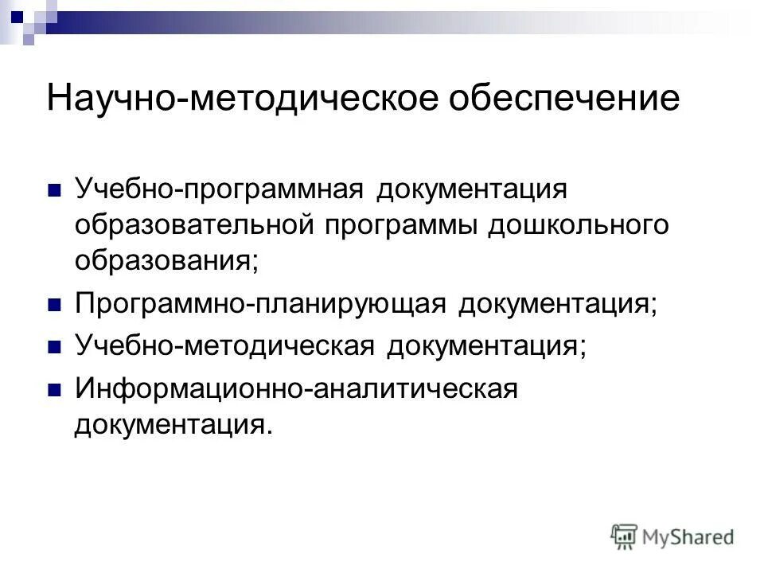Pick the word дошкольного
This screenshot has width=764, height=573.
578,225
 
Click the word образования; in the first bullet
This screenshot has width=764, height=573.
167,259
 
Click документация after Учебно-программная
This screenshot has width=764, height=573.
474,191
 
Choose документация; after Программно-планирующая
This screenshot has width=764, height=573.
558,304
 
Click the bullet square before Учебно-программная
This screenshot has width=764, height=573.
55,192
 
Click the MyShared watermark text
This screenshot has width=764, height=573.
688,537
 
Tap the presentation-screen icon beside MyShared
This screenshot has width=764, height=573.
625,536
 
